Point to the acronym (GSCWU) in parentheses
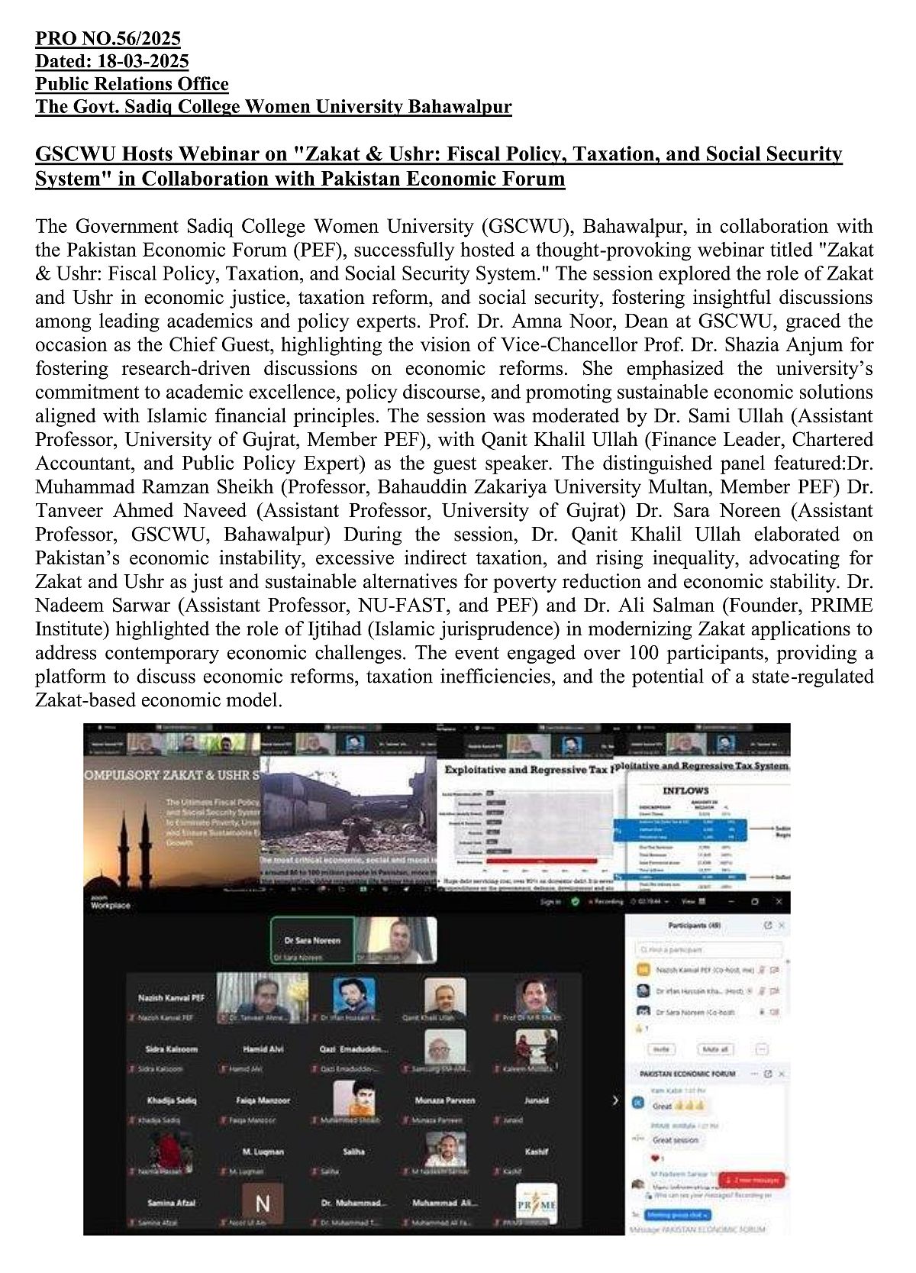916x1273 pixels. [x=519, y=227]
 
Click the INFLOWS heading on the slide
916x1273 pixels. [x=685, y=790]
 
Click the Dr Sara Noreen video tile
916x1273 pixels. [x=313, y=940]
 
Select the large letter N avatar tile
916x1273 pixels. [x=262, y=1204]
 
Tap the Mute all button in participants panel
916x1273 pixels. [x=714, y=1048]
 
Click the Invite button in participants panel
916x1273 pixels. [x=661, y=1048]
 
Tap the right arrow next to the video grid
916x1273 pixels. [x=615, y=1100]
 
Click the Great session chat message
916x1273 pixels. [x=675, y=1140]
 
